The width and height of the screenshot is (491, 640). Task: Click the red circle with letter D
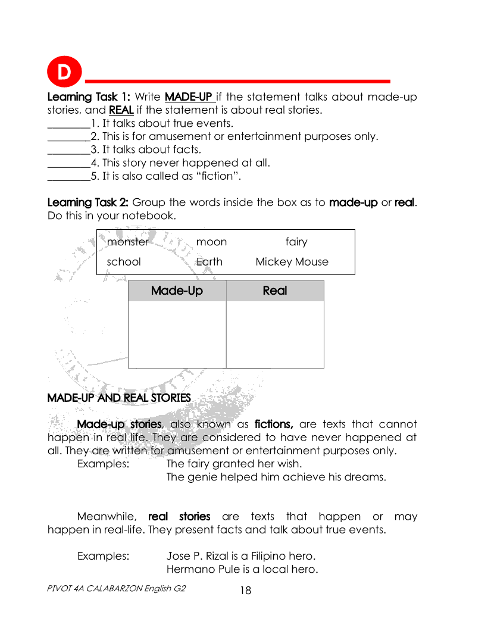(x=64, y=73)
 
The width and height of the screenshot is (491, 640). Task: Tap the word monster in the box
(x=127, y=242)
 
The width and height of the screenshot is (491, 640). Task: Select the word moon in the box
(x=211, y=242)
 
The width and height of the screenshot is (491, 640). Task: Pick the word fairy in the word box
(x=296, y=242)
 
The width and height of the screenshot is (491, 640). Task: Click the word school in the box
(x=124, y=262)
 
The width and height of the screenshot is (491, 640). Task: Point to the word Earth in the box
(x=209, y=262)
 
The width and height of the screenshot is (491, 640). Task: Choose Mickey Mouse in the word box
(x=292, y=262)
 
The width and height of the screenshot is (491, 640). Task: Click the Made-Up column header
(x=177, y=291)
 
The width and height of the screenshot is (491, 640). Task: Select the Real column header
(x=275, y=291)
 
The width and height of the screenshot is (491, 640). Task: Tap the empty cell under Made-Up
(x=177, y=334)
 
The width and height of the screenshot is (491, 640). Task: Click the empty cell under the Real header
(x=275, y=334)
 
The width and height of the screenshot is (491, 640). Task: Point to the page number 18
(x=246, y=591)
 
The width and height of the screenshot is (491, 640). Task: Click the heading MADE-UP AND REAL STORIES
(x=119, y=398)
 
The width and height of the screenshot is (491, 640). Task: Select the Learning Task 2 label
(x=88, y=202)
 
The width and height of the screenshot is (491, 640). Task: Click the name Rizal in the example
(x=220, y=556)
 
